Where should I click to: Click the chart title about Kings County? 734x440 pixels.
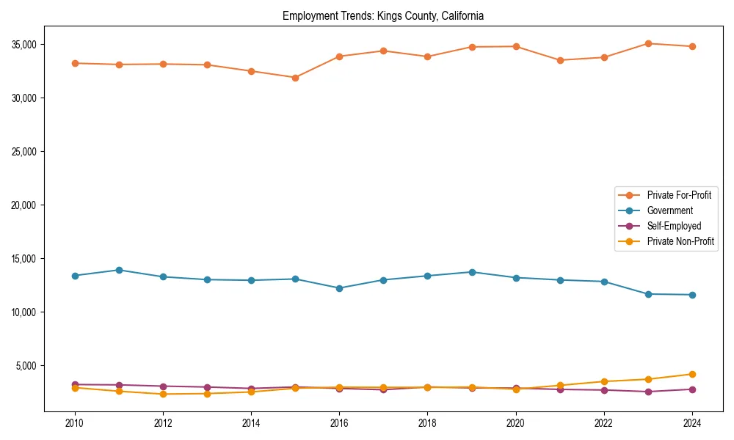(x=382, y=15)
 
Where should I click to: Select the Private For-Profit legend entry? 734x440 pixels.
(x=672, y=195)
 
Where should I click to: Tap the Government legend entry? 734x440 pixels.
(x=669, y=210)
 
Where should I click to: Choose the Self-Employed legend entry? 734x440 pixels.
(x=674, y=226)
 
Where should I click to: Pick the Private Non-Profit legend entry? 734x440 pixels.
(x=680, y=241)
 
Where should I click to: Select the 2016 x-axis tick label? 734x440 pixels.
(x=339, y=423)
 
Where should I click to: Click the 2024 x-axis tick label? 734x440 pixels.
(x=692, y=423)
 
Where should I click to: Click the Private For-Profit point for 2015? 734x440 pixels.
(x=295, y=78)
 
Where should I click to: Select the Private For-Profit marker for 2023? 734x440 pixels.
(x=648, y=43)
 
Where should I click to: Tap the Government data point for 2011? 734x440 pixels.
(x=119, y=270)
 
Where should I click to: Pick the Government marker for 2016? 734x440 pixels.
(x=339, y=288)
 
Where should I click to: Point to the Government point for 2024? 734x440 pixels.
(x=692, y=295)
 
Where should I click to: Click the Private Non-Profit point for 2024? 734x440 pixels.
(x=692, y=374)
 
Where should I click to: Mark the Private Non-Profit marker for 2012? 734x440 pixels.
(x=163, y=394)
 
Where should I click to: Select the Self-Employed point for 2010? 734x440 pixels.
(x=74, y=384)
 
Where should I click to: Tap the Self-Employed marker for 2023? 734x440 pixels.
(x=648, y=392)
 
